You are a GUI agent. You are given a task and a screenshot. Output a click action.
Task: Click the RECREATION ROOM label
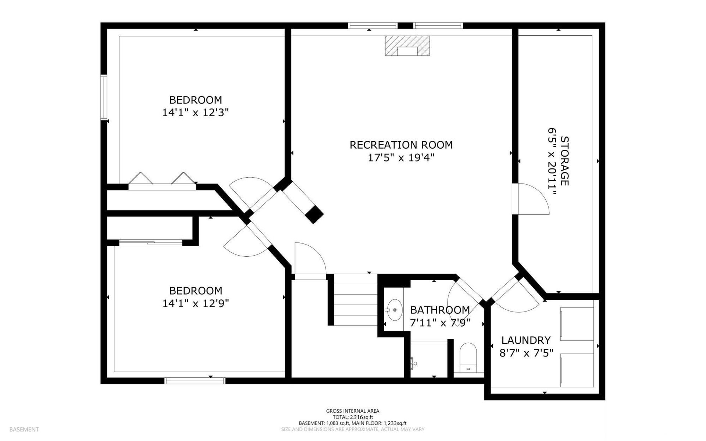point(401,145)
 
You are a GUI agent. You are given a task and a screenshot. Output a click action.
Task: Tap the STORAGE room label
point(564,161)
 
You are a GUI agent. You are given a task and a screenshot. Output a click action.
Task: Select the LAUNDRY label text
point(526,340)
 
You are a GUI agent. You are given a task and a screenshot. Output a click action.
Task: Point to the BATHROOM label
point(440,310)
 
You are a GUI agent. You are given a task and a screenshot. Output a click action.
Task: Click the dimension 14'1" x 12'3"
point(196,113)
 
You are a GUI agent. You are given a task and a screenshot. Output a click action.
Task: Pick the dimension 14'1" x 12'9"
point(196,303)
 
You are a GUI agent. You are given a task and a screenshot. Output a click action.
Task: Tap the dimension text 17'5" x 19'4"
point(401,158)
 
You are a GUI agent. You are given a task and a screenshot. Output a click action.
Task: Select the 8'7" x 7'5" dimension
point(526,353)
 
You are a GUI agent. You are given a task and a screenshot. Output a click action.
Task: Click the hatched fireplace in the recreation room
point(407,46)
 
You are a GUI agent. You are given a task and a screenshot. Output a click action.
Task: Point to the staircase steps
point(355,299)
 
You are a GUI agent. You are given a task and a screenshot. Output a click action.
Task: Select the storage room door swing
point(533,199)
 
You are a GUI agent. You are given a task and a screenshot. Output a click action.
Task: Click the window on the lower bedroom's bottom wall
point(195,381)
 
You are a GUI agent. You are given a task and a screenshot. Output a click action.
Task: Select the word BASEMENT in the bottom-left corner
point(24,429)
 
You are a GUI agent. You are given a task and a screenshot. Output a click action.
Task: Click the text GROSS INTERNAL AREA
point(353,411)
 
